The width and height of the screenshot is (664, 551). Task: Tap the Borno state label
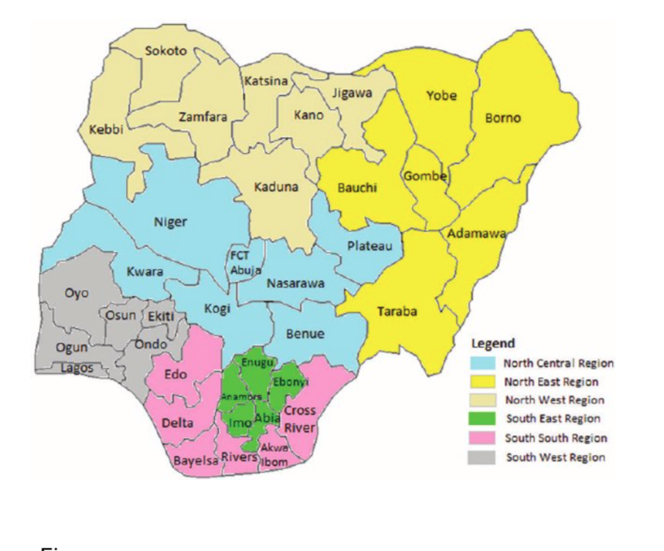pyautogui.click(x=503, y=118)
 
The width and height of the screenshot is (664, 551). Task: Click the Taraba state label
pyautogui.click(x=397, y=311)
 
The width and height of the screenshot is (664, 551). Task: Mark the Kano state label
pyautogui.click(x=308, y=115)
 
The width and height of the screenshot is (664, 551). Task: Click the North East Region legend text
pyautogui.click(x=551, y=382)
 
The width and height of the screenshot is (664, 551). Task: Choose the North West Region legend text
pyautogui.click(x=554, y=400)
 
